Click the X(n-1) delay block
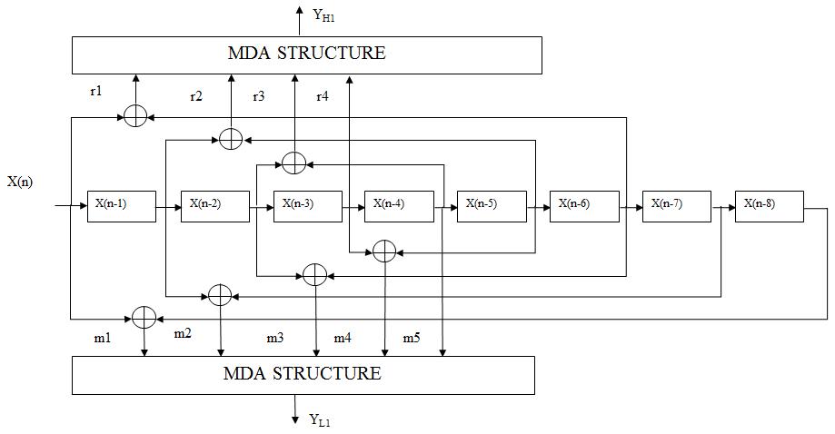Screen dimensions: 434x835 pos(121,206)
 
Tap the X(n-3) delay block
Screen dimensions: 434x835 pos(308,206)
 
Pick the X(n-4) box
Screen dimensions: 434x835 pos(398,206)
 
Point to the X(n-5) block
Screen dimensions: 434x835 pos(491,206)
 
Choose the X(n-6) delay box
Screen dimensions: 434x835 pos(584,206)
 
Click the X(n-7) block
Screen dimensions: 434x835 pos(676,206)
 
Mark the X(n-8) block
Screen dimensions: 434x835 pos(769,206)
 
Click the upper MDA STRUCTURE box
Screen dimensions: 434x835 pos(307,54)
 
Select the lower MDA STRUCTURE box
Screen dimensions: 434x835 pos(303,374)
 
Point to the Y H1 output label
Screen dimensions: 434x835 pos(324,14)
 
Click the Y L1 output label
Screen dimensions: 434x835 pos(320,419)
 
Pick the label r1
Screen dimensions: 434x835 pos(96,92)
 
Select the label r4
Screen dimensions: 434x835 pos(322,96)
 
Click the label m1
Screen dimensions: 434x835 pos(103,338)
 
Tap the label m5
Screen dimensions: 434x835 pos(412,338)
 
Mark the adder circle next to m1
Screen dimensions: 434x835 pos(144,316)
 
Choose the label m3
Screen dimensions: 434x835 pos(274,338)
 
